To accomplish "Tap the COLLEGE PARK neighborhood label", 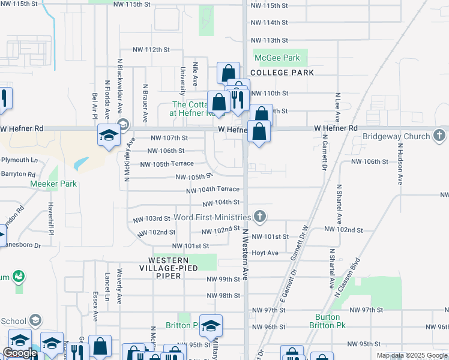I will pos(282,73).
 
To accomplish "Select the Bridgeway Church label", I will pos(396,137).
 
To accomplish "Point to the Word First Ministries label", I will pos(212,217).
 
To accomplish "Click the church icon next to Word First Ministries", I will pos(259,216).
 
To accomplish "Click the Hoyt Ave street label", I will pos(265,253).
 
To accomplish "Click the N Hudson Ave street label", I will pos(399,163).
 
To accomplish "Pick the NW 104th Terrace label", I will pos(213,189).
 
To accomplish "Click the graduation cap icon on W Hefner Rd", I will pos(109,135).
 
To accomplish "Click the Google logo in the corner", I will pos(20,353).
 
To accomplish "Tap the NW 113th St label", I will pos(268,40).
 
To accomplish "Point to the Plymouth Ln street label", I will pos(19,160).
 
